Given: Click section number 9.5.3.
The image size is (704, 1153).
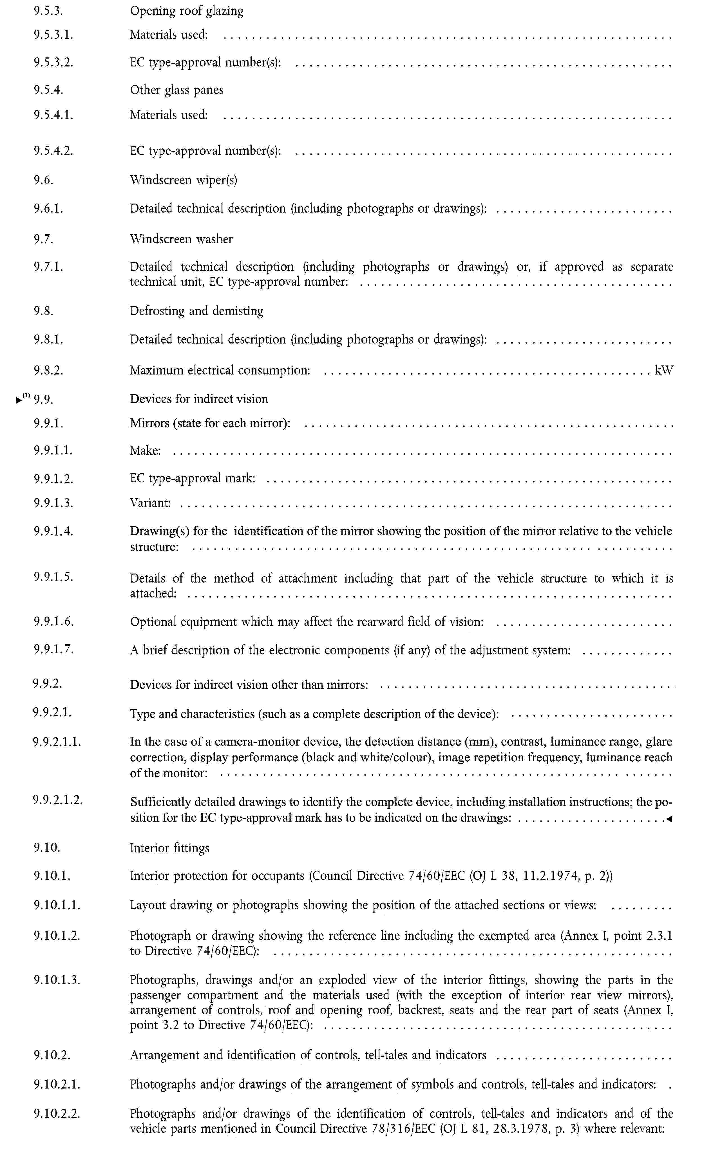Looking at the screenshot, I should click(x=48, y=11).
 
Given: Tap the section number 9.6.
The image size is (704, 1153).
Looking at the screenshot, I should click(x=44, y=180).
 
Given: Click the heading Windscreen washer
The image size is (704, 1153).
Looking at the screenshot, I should click(x=181, y=239).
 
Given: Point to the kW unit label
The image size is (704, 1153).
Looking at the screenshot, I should click(x=664, y=371).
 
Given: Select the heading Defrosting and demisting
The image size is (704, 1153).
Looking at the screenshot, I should click(x=196, y=311).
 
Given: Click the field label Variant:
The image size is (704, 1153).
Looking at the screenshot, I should click(x=150, y=503).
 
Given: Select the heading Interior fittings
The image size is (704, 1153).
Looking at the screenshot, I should click(x=169, y=848).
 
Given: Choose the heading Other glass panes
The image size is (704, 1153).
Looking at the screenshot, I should click(x=176, y=90).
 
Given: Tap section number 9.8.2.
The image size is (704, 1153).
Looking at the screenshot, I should click(x=48, y=371).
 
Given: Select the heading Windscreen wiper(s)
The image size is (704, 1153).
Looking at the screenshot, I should click(x=183, y=180).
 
